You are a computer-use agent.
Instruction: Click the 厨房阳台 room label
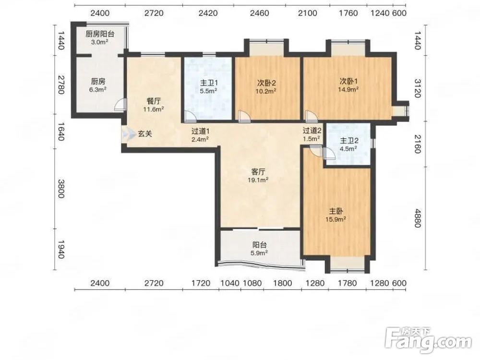pyautogui.click(x=99, y=34)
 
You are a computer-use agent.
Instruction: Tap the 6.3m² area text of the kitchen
pyautogui.click(x=98, y=90)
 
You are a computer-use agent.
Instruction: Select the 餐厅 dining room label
pyautogui.click(x=154, y=101)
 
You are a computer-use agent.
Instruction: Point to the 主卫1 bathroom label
pyautogui.click(x=209, y=83)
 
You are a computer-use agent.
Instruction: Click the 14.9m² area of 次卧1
pyautogui.click(x=348, y=89)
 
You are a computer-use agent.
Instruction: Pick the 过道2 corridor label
pyautogui.click(x=312, y=131)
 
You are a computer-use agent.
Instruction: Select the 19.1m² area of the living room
pyautogui.click(x=258, y=180)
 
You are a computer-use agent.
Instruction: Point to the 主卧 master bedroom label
pyautogui.click(x=336, y=211)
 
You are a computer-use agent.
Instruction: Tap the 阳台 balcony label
pyautogui.click(x=259, y=245)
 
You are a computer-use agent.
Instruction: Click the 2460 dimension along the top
pyautogui.click(x=259, y=13)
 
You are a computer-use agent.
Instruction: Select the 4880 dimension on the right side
pyautogui.click(x=418, y=218)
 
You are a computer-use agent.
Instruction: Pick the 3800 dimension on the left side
pyautogui.click(x=61, y=189)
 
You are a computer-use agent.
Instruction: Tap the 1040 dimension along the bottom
pyautogui.click(x=230, y=283)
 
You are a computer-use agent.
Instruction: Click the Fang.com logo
pyautogui.click(x=428, y=340)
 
